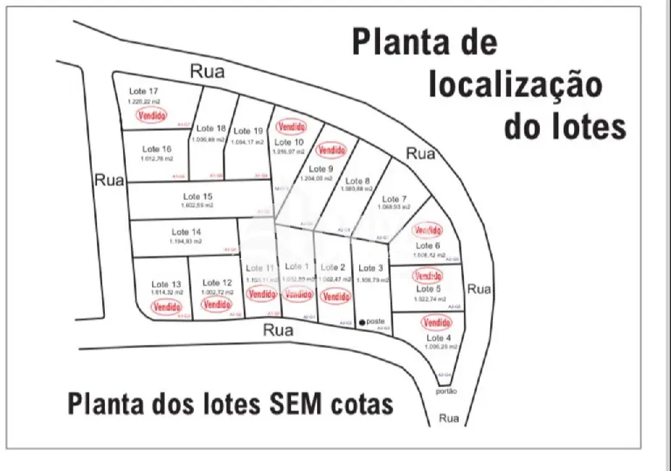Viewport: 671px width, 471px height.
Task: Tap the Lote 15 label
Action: (197, 196)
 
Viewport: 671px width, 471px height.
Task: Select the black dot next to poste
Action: (362, 322)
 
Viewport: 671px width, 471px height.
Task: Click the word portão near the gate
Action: (447, 392)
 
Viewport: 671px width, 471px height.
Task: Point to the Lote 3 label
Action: (369, 268)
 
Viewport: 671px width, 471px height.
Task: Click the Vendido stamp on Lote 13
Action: (166, 307)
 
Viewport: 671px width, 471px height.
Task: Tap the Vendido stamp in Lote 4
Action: (436, 322)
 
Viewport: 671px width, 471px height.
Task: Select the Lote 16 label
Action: (157, 149)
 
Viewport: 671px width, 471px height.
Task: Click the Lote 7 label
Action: (394, 199)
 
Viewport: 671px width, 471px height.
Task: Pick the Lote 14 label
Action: (186, 232)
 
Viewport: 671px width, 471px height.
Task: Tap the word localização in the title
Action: (515, 85)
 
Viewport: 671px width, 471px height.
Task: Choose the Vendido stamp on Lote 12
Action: (216, 304)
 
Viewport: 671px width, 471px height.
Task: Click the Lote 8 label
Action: (358, 181)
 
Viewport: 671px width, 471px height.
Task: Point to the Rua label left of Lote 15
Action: (109, 180)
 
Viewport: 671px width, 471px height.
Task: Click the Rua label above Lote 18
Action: (207, 71)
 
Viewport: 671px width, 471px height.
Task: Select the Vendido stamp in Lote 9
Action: (332, 150)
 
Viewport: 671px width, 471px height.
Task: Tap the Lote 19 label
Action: (248, 131)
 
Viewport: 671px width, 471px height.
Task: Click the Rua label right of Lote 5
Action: (479, 289)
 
